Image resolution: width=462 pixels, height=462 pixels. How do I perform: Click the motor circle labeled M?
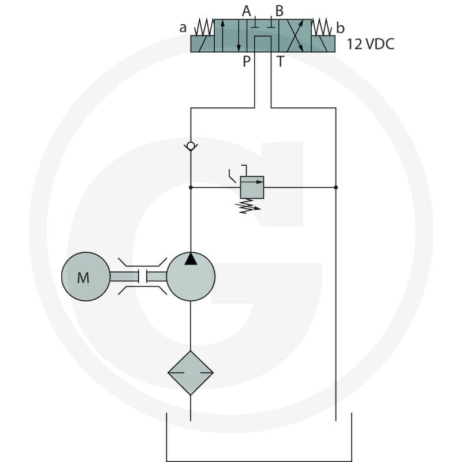[85, 277]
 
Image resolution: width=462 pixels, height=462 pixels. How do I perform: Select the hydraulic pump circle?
[191, 277]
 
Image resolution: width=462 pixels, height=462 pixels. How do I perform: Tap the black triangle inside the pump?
[191, 259]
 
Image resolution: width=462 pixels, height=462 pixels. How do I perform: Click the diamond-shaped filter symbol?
[191, 372]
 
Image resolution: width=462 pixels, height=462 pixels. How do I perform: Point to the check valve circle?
[191, 146]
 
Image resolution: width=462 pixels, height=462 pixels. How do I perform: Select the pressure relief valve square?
[252, 187]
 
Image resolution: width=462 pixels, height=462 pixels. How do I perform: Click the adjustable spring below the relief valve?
[249, 206]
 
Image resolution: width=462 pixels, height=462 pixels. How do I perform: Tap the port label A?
[247, 11]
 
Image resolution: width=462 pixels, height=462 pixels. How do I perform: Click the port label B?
[280, 11]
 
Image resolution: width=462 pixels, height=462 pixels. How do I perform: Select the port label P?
[247, 62]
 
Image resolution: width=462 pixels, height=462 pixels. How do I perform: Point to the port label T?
[280, 62]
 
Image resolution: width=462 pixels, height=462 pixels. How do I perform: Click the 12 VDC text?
[370, 44]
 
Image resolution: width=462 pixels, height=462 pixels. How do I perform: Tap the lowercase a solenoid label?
[183, 28]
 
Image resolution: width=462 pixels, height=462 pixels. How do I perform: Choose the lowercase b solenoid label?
[340, 28]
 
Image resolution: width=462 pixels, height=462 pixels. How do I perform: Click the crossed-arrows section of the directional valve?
[295, 36]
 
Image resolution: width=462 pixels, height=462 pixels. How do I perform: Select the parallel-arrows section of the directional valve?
[230, 36]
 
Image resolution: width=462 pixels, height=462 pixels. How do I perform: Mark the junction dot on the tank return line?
[336, 187]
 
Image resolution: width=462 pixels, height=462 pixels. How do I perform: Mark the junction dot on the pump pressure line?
[191, 187]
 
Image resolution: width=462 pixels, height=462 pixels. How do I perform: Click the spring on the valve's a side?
[204, 27]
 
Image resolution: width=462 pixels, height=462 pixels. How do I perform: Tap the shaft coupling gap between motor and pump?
[143, 277]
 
